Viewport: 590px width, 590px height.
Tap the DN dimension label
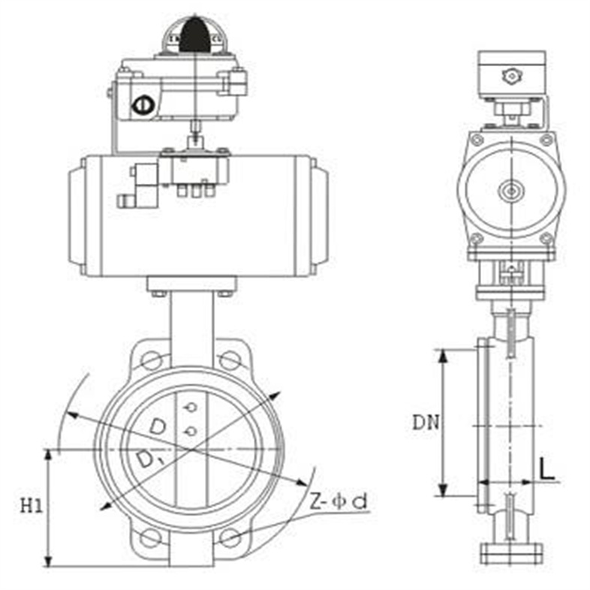[x=424, y=423]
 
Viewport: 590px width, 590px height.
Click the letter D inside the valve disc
[x=156, y=426]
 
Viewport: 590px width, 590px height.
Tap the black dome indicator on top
[x=195, y=34]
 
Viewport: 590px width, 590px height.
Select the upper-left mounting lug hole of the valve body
[x=151, y=360]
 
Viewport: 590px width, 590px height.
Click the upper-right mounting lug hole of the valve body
[x=230, y=360]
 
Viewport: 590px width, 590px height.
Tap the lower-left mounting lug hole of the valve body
[x=151, y=537]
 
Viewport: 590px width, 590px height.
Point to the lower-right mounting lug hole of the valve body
[x=231, y=537]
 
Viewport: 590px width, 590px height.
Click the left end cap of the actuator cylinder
[x=77, y=216]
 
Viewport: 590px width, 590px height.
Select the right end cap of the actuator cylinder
[x=318, y=216]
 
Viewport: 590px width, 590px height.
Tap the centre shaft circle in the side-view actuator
[x=510, y=191]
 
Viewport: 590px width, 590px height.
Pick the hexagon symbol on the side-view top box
[x=510, y=75]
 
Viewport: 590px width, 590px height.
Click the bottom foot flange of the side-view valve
[x=510, y=553]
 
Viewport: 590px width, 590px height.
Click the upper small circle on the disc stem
[x=191, y=407]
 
